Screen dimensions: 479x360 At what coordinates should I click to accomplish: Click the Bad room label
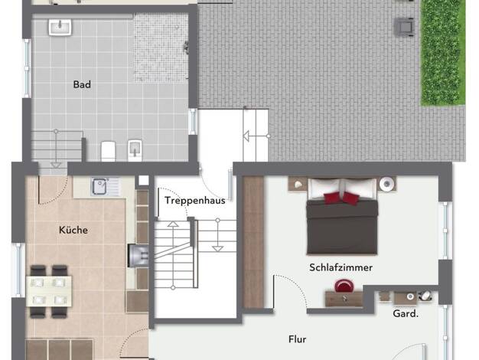point(82,84)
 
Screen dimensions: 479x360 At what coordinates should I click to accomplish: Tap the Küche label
point(73,230)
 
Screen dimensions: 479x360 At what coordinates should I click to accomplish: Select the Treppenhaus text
point(195,201)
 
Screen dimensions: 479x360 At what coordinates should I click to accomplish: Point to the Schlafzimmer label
point(341,267)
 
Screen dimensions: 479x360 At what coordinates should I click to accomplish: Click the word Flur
point(297,339)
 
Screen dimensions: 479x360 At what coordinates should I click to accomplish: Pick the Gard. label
point(406,313)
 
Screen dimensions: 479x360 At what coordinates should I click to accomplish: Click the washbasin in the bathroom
point(60,27)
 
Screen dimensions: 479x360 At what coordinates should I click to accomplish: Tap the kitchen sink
point(106,186)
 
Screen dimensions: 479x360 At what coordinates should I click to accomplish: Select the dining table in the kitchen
point(49,291)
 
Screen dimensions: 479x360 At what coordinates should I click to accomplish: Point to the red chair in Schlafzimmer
point(344,286)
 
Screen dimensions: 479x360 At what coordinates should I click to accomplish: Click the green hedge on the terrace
point(443,53)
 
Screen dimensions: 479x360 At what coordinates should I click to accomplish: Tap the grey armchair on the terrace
point(405,27)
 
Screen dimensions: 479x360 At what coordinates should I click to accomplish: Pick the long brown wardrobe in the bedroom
point(253,242)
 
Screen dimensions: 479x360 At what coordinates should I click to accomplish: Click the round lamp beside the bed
point(387,184)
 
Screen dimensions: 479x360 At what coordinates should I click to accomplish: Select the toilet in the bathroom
point(108,150)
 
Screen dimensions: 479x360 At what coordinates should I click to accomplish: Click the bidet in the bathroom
point(135,150)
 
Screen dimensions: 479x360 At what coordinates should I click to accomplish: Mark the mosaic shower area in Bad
point(161,47)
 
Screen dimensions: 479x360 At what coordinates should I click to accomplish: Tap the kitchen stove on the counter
point(138,255)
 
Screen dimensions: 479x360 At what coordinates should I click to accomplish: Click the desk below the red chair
point(344,299)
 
